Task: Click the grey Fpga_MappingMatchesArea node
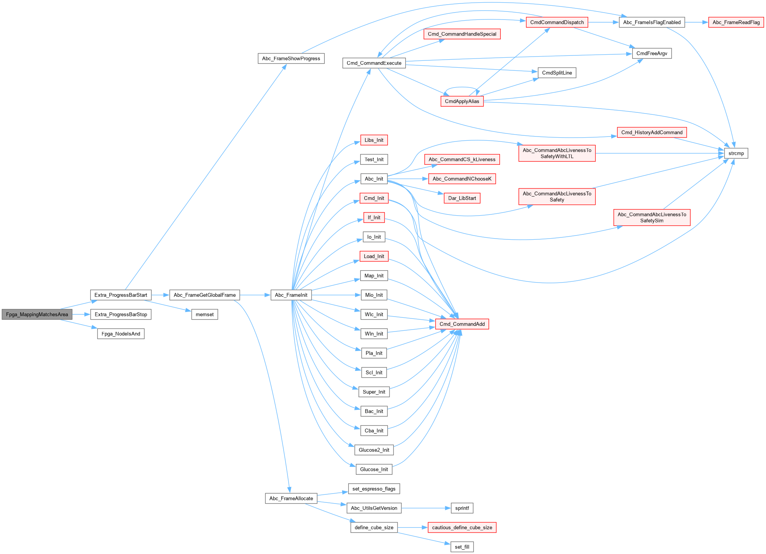(37, 314)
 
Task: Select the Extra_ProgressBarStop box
(121, 314)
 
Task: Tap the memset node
(204, 314)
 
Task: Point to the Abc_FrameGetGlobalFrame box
(204, 295)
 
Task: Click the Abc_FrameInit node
(291, 295)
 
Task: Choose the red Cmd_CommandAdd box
(462, 324)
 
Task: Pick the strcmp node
(736, 153)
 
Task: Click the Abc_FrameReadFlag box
(736, 22)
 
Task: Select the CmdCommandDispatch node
(557, 22)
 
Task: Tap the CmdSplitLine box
(557, 73)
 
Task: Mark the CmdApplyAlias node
(462, 101)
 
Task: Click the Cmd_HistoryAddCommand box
(651, 132)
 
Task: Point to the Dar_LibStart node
(462, 198)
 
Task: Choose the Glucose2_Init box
(374, 450)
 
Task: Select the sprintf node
(462, 508)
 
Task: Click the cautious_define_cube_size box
(462, 527)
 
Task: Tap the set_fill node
(462, 547)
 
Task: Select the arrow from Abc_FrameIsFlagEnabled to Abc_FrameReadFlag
(696, 22)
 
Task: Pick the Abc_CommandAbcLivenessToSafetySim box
(651, 217)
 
